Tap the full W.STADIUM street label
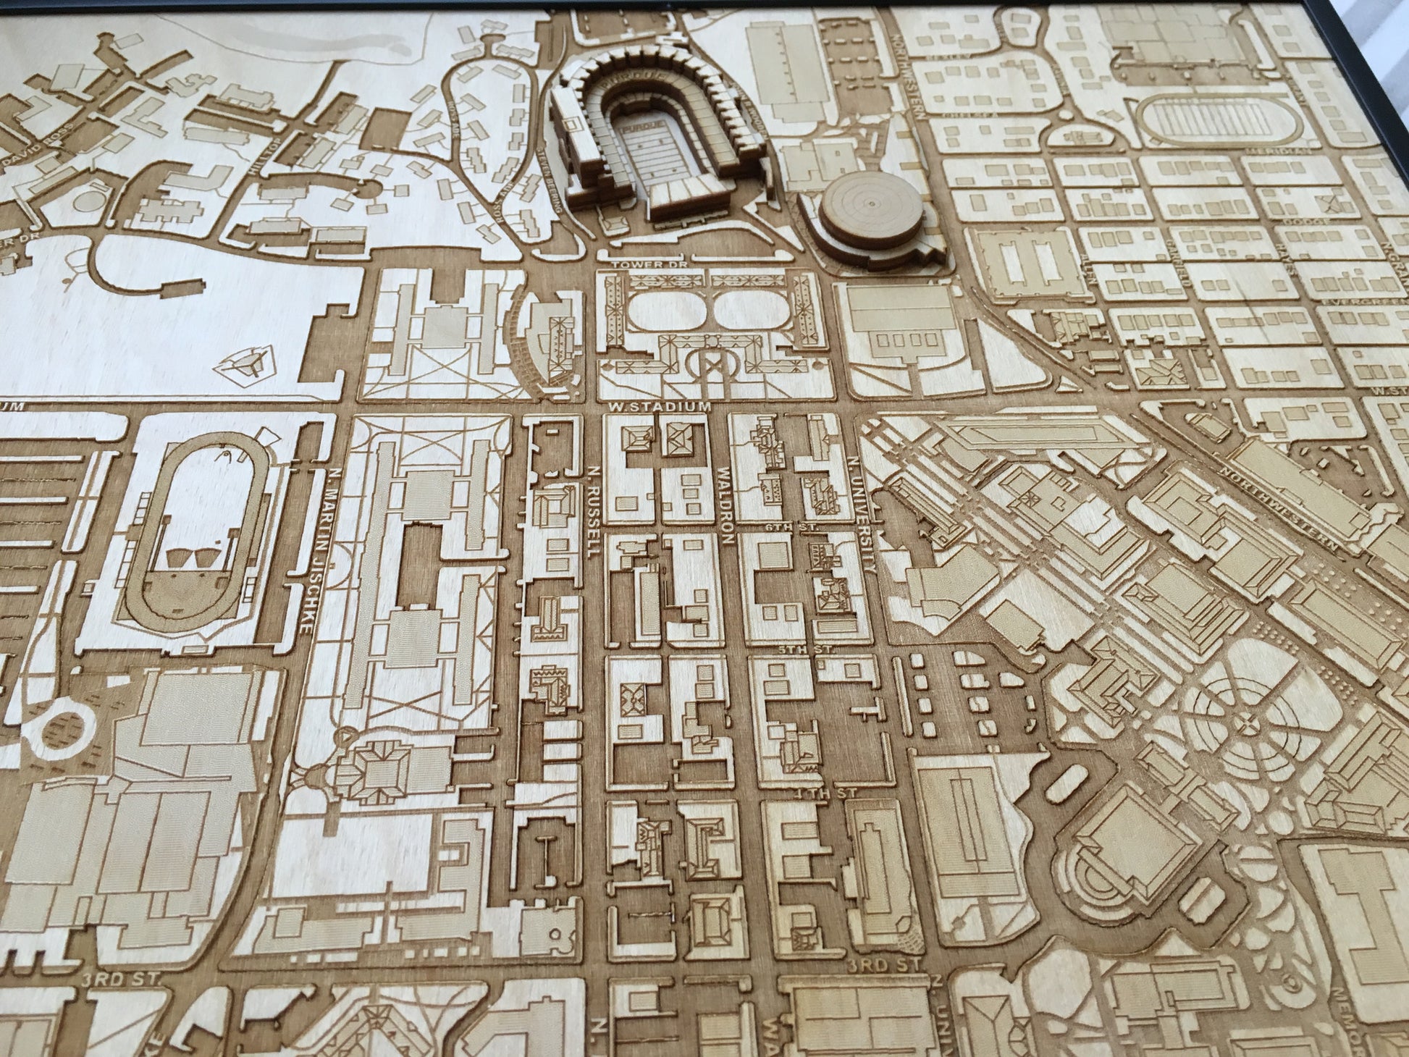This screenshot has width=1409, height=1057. pos(660,408)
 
